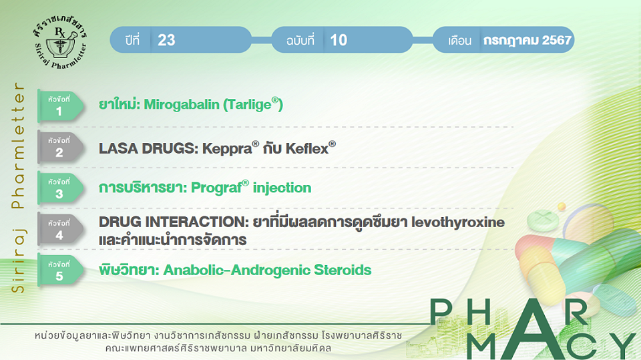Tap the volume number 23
166,40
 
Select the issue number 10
339,40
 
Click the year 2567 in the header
556,40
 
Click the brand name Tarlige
252,105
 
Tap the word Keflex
310,148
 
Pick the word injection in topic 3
282,188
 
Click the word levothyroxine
458,222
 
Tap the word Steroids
343,270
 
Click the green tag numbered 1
61,106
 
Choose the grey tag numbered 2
61,147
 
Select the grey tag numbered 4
61,230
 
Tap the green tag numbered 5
61,271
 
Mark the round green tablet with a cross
543,220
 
